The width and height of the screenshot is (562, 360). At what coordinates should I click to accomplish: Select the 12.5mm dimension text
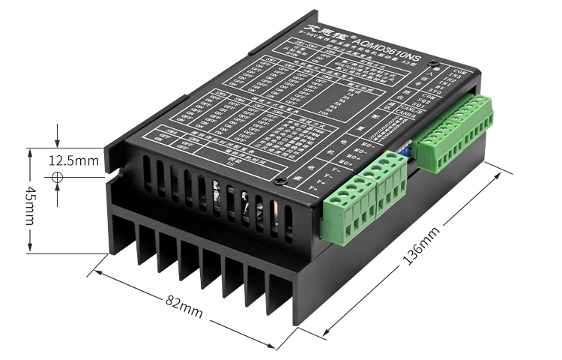coord(73,160)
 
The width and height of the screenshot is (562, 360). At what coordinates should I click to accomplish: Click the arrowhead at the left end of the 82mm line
coord(96,272)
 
